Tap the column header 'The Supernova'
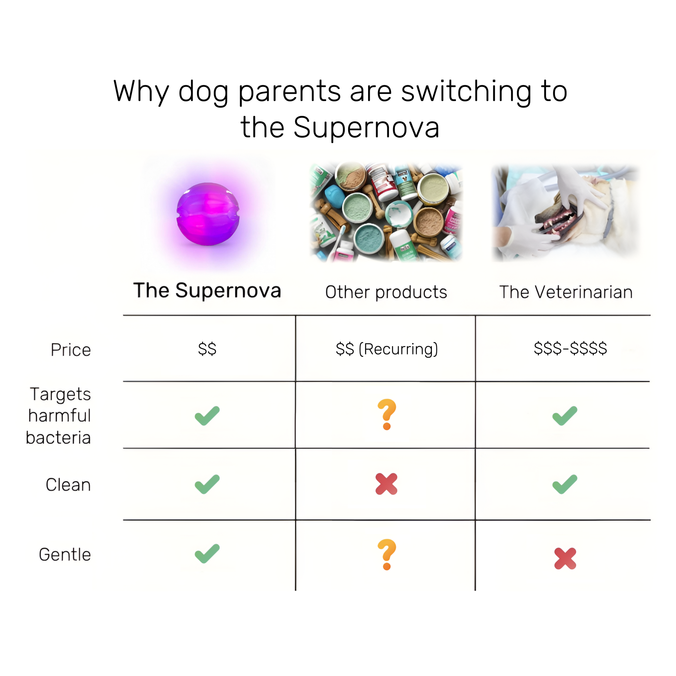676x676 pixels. [207, 290]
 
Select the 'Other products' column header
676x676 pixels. [386, 292]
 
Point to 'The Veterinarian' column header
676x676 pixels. [566, 292]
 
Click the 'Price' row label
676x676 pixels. [71, 350]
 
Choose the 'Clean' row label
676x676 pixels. [68, 485]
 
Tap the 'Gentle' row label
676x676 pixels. [65, 555]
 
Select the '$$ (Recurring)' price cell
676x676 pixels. [387, 349]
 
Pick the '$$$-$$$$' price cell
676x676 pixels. [570, 348]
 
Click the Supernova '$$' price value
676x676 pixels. [207, 349]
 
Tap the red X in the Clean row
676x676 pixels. [386, 484]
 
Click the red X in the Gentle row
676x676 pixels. [565, 558]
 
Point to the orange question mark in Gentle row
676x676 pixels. [387, 554]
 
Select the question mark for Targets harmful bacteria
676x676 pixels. [387, 414]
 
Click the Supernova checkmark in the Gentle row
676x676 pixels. [207, 553]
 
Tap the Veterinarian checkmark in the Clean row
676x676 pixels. [565, 484]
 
